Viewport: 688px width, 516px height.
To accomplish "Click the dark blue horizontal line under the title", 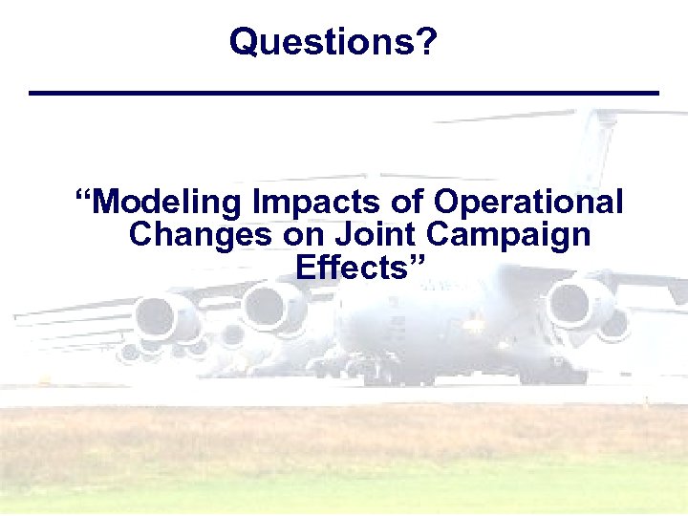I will pyautogui.click(x=344, y=93).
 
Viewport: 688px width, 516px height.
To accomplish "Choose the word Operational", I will pyautogui.click(x=528, y=203).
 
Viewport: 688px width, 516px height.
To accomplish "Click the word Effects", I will pyautogui.click(x=351, y=268).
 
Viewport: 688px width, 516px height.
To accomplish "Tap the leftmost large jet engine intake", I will pyautogui.click(x=158, y=317).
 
